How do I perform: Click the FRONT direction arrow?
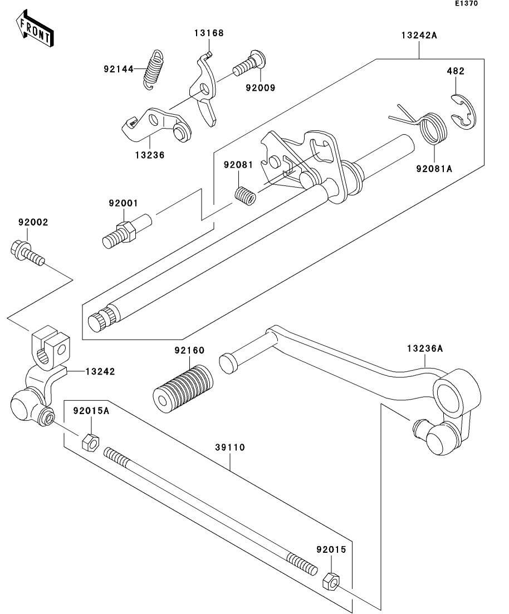point(35,29)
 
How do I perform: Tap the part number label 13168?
point(209,33)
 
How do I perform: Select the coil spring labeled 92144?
point(153,70)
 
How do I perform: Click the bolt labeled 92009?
point(249,64)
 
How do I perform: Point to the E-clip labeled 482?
point(464,111)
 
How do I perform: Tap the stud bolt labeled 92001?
point(126,232)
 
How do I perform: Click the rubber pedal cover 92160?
point(183,388)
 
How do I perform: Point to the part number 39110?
point(229,447)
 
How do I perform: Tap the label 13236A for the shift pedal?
point(425,348)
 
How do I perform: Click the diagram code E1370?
point(466,3)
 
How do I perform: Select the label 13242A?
point(419,35)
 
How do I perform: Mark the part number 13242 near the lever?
point(100,371)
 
